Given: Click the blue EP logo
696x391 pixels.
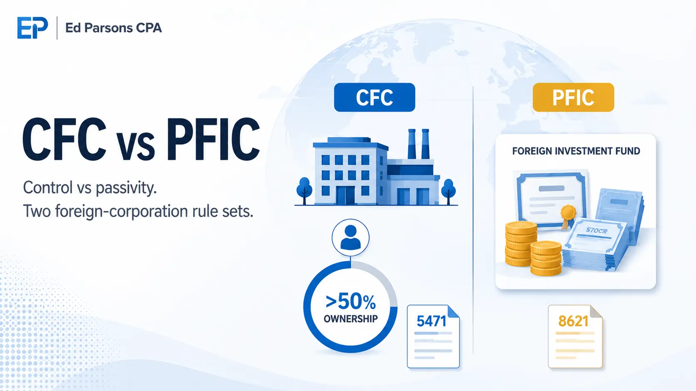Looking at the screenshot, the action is [32, 28].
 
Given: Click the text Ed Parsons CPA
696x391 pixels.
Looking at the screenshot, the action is [113, 28].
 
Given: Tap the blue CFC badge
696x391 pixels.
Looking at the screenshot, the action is [374, 97].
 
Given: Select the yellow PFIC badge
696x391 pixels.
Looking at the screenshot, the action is [573, 97].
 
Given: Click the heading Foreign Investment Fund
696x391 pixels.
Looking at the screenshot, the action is [576, 151].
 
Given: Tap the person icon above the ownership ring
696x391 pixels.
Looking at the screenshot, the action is [350, 238].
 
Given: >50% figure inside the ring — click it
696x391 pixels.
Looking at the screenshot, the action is [350, 302].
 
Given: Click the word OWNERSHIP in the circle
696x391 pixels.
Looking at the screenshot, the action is [350, 319].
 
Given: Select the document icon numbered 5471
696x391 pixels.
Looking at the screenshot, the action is [433, 337].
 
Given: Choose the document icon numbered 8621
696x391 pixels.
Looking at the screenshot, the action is [575, 337].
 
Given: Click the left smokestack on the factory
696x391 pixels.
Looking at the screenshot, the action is [412, 144].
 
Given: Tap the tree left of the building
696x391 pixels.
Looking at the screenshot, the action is [304, 191].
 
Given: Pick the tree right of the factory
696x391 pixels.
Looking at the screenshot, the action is [448, 191].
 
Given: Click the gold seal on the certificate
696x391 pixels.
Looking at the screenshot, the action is [568, 213].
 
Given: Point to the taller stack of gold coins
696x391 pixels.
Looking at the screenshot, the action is [521, 244].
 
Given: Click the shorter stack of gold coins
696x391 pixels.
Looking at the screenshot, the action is [546, 258].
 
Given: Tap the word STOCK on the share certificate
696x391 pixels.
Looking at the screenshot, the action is [596, 231].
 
